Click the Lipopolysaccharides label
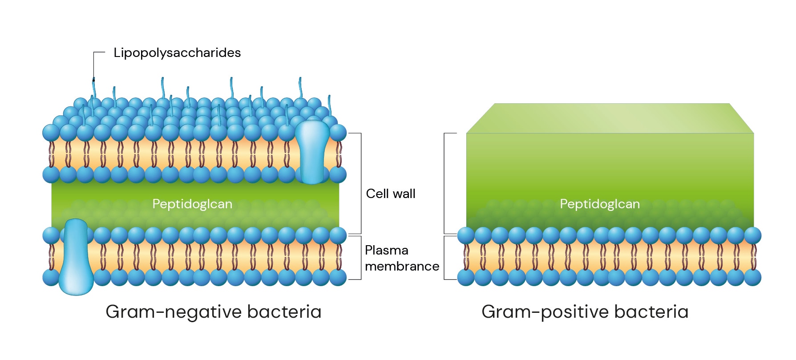click(177, 53)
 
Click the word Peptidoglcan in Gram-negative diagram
click(192, 204)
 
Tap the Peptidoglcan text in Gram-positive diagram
click(599, 204)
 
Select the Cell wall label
click(390, 194)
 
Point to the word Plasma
click(386, 251)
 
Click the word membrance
click(402, 266)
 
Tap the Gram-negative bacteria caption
click(213, 311)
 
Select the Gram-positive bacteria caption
click(585, 311)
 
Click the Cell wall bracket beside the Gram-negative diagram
click(360, 183)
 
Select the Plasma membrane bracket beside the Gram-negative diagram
click(360, 258)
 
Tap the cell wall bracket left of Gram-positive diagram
click(444, 183)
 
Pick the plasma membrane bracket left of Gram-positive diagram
click(444, 258)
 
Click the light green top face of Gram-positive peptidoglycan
click(610, 118)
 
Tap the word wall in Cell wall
click(403, 194)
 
